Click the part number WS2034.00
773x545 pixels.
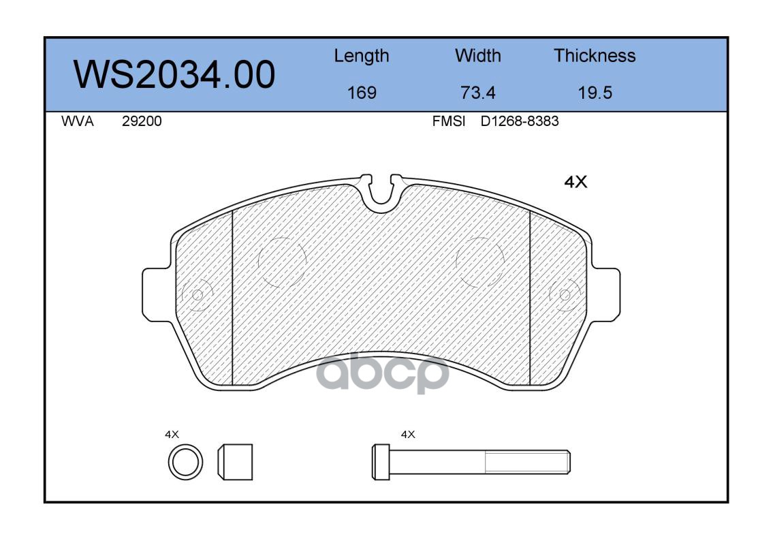point(174,74)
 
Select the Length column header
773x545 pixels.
point(362,56)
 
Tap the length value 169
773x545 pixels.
point(362,93)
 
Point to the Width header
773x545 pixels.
point(477,55)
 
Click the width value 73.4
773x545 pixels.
point(477,93)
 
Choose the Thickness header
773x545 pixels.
point(595,55)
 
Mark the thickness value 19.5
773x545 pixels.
point(595,93)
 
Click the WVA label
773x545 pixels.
point(78,121)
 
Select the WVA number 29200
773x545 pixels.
point(142,121)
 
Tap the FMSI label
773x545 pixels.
point(449,121)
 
